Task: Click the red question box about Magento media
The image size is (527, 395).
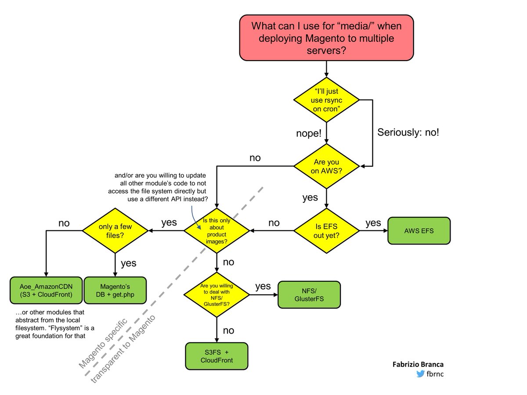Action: click(326, 38)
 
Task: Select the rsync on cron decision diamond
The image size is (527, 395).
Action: click(326, 101)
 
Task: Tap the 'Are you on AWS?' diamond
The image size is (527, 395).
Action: click(326, 166)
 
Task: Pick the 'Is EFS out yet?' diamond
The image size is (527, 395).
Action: click(326, 230)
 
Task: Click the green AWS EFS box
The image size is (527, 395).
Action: click(419, 230)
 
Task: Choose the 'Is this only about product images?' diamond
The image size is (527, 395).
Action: click(217, 230)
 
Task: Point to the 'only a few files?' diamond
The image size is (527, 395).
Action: click(115, 230)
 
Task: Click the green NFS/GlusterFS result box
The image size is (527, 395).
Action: click(309, 294)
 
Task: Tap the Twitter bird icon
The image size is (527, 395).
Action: click(420, 374)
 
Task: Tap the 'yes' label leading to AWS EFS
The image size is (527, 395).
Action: click(373, 223)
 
